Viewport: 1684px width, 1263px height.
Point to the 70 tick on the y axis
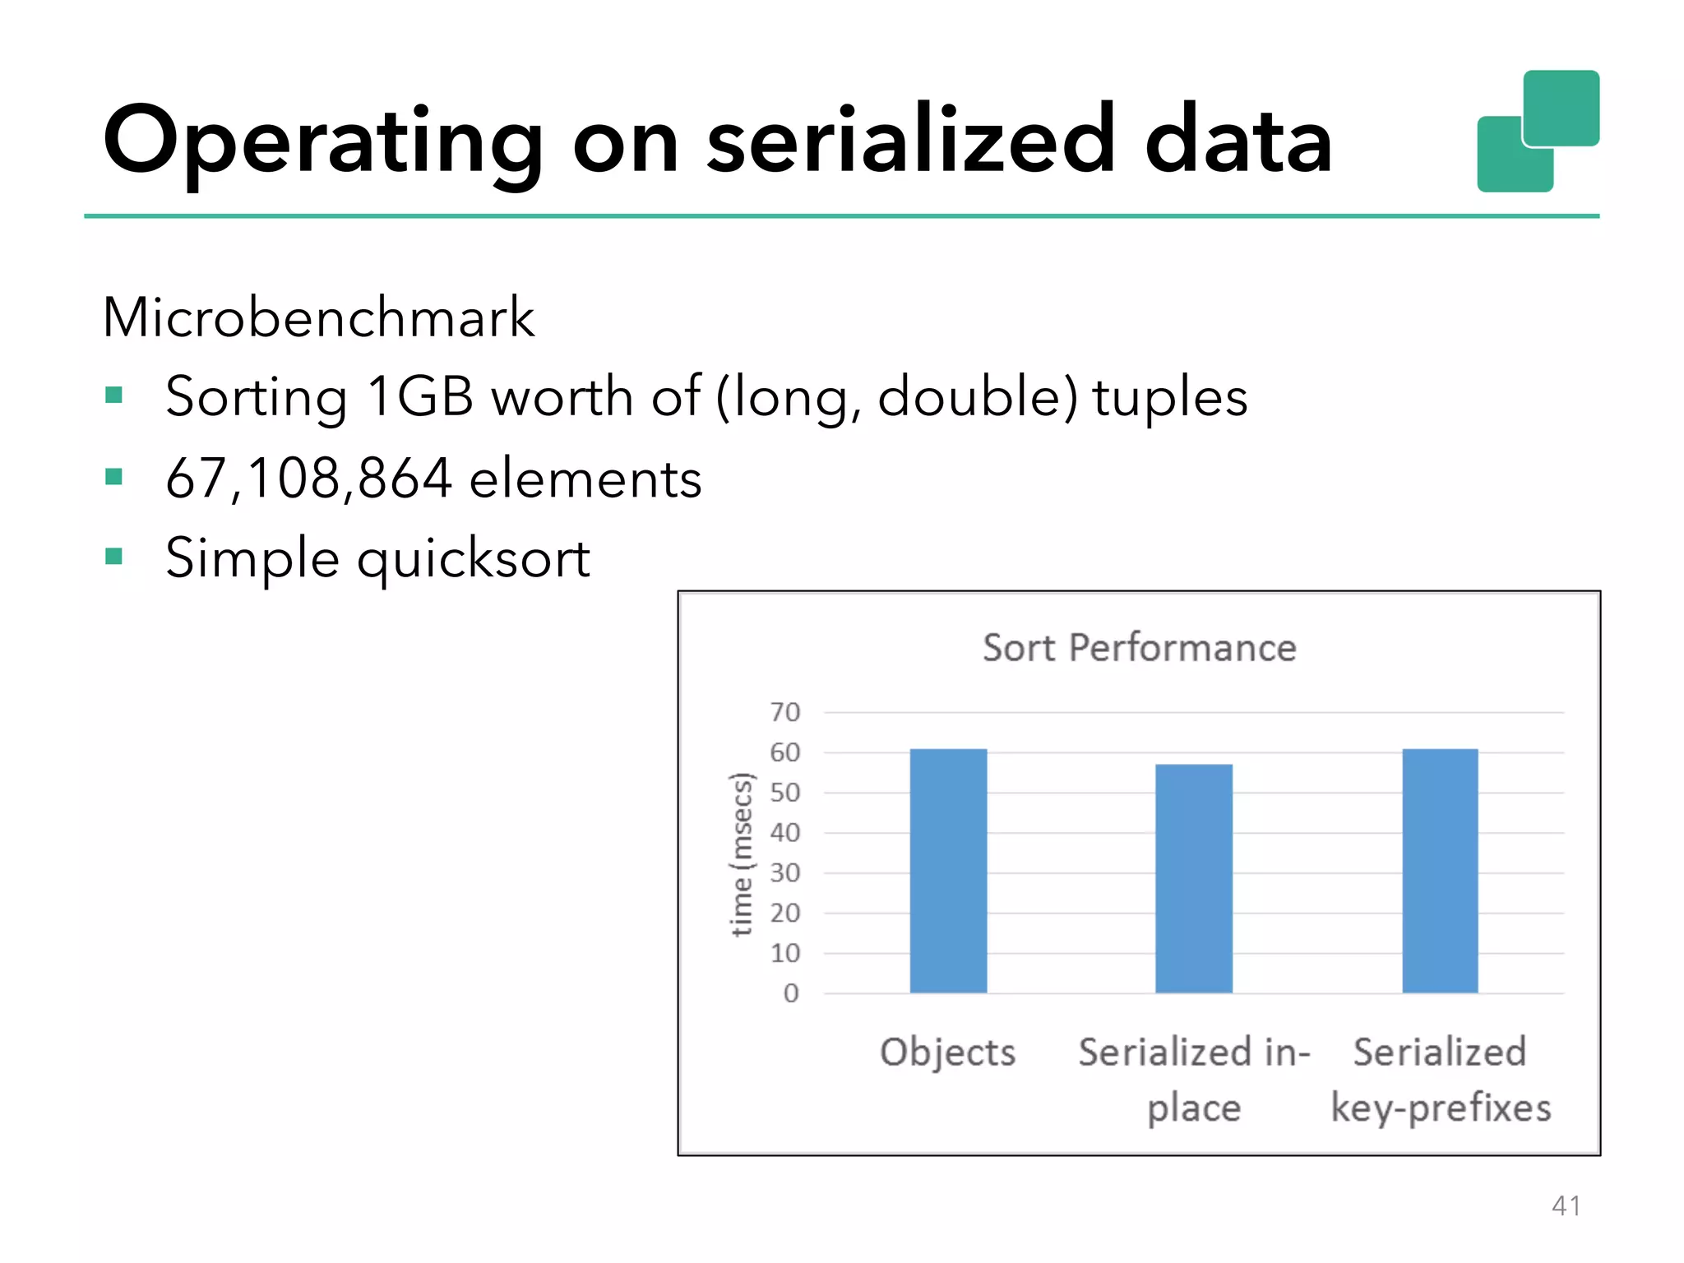click(784, 712)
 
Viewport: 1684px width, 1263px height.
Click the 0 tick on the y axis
click(790, 993)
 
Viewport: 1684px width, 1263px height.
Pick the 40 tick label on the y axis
click(784, 832)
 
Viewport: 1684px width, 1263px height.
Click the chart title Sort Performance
click(1139, 648)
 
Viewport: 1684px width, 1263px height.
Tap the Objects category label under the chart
click(947, 1052)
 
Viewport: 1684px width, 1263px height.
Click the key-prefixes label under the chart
click(1441, 1108)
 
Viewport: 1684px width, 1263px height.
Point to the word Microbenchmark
click(318, 317)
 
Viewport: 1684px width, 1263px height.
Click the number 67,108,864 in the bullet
click(308, 478)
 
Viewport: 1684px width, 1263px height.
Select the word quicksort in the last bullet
click(474, 559)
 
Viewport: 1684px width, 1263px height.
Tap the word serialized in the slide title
click(911, 140)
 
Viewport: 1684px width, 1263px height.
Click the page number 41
click(1566, 1205)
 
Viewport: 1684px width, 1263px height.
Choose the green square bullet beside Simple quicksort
click(114, 557)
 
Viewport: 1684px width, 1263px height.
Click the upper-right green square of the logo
click(1561, 107)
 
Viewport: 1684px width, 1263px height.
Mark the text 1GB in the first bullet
click(420, 396)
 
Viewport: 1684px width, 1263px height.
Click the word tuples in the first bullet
click(1169, 396)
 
